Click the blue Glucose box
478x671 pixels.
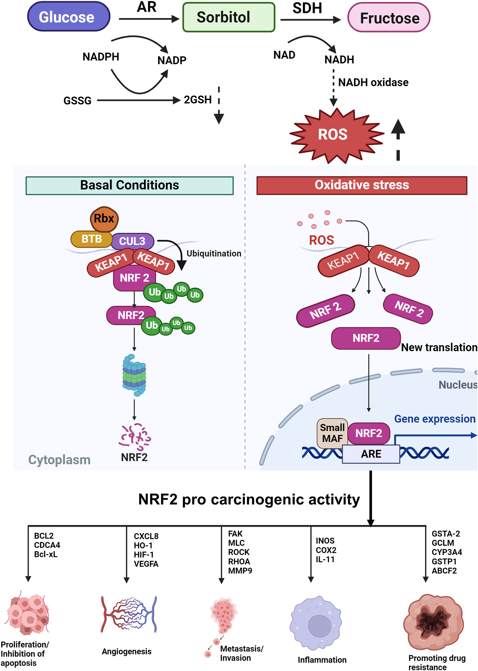coord(69,17)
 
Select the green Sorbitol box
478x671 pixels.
coord(229,17)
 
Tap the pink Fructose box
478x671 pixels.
coord(389,18)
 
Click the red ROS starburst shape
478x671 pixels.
coord(336,135)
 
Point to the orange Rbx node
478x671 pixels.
coord(104,219)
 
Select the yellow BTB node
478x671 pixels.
coord(91,239)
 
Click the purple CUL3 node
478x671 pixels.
coord(133,241)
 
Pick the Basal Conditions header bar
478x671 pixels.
coord(130,185)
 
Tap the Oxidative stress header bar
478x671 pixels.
coord(362,185)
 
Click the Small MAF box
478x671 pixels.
coord(332,433)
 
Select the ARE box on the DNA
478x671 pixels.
coord(371,454)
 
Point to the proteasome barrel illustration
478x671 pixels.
coord(134,375)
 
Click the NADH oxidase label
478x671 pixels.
coord(373,83)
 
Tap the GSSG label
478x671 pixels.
coord(77,101)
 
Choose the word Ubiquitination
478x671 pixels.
coord(214,253)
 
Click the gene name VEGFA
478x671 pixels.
coord(146,564)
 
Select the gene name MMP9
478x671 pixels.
coord(240,570)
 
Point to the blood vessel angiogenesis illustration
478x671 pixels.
coord(129,615)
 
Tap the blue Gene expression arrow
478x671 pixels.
coord(436,436)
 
